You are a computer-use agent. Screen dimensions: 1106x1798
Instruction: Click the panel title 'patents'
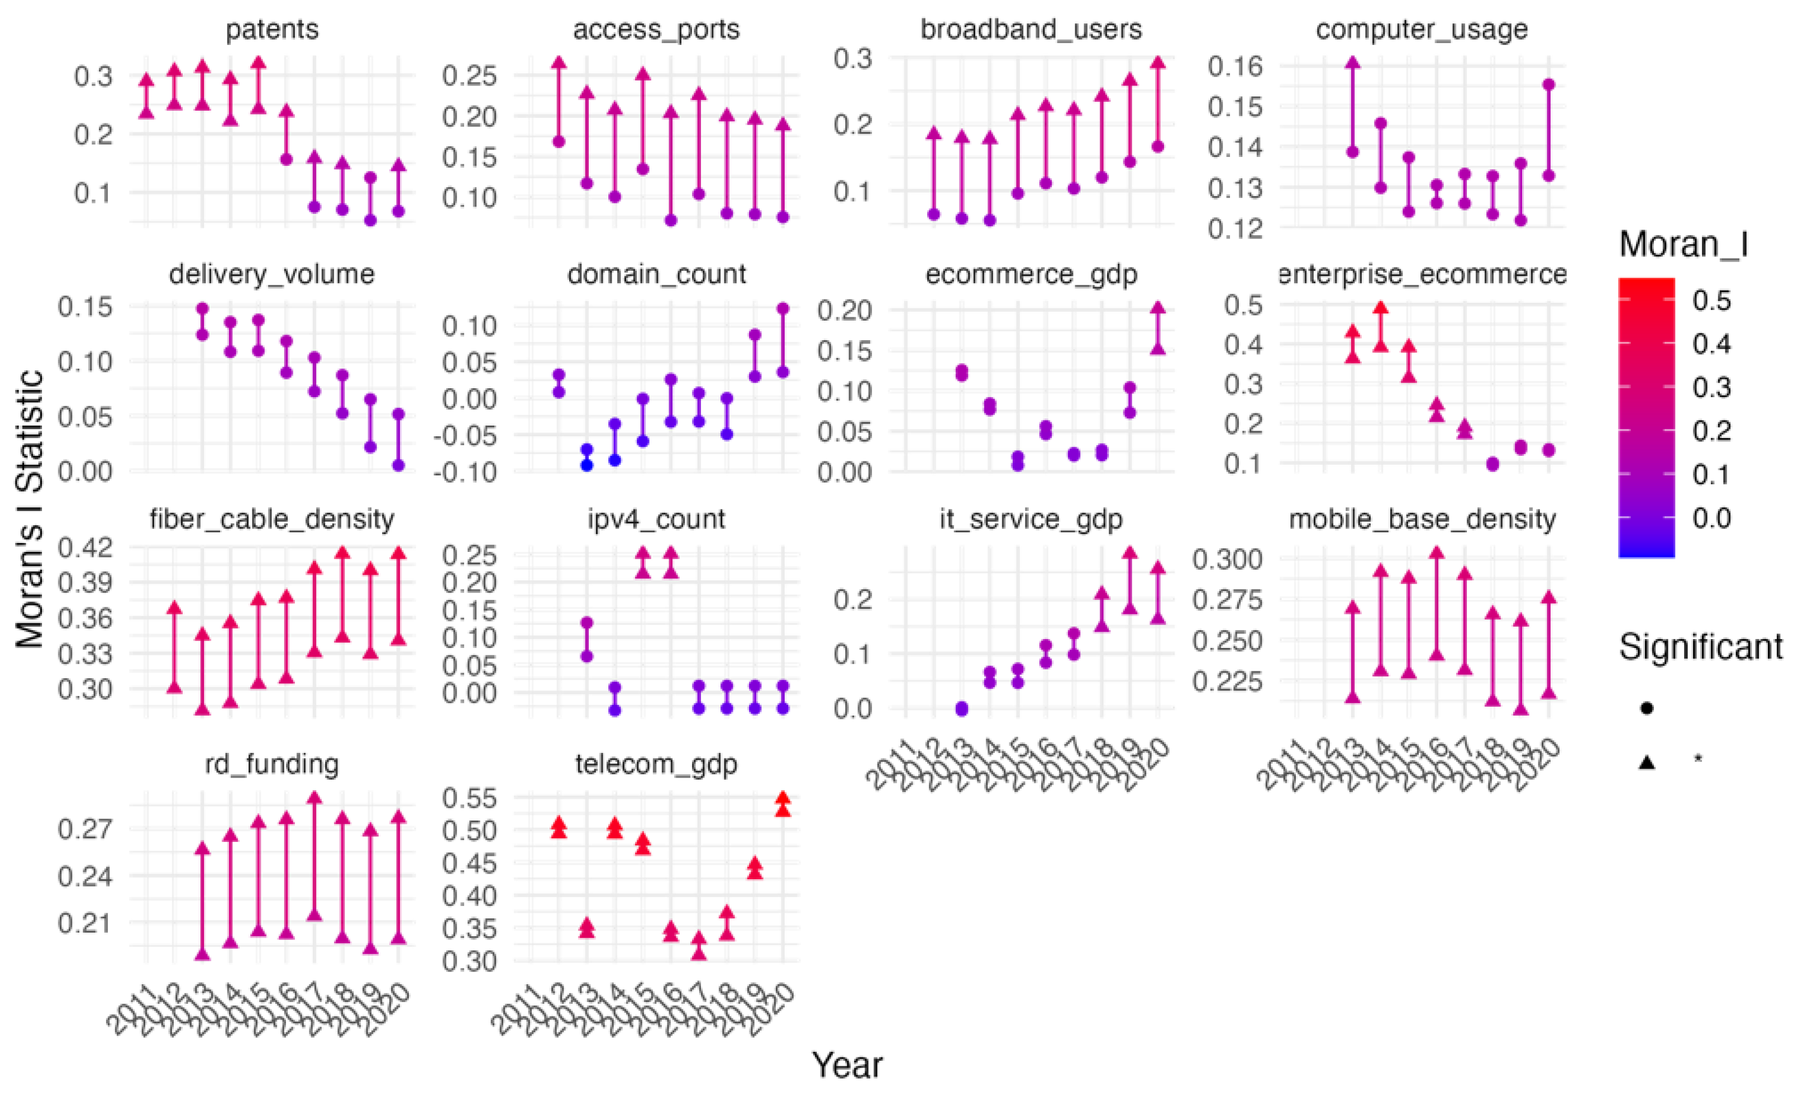(x=271, y=29)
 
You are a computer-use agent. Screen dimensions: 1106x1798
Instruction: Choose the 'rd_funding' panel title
(x=271, y=764)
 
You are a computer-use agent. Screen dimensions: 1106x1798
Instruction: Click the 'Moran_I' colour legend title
(x=1683, y=244)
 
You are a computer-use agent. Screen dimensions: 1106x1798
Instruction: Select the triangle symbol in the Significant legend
(x=1647, y=762)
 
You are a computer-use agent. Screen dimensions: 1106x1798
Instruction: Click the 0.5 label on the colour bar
(x=1711, y=300)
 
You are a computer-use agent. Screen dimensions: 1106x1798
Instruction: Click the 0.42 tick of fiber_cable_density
(x=85, y=547)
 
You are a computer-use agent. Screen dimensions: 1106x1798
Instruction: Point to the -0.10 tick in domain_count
(x=465, y=472)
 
